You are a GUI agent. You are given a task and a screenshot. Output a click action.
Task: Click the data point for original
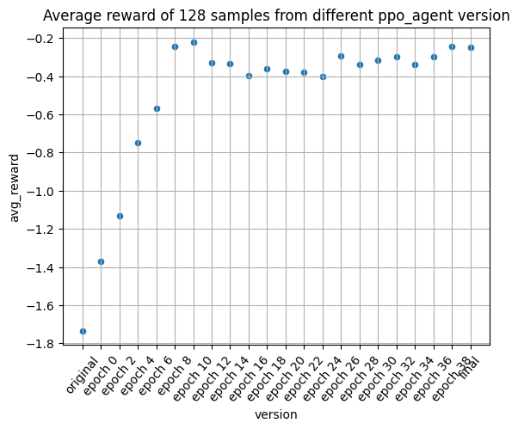point(83,331)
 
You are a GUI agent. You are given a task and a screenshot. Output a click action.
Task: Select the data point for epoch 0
point(101,261)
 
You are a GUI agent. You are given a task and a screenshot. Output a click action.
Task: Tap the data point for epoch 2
point(120,216)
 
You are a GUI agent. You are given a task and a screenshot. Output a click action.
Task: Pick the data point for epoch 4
point(138,143)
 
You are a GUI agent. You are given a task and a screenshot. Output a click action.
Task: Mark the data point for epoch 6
point(157,108)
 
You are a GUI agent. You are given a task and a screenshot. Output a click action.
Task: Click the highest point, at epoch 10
point(194,42)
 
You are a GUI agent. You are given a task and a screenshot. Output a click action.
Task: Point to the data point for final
point(471,47)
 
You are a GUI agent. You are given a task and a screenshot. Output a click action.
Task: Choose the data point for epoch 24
point(323,77)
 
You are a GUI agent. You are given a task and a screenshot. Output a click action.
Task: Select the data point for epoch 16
point(249,76)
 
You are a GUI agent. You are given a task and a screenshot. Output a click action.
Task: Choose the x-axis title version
point(276,414)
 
